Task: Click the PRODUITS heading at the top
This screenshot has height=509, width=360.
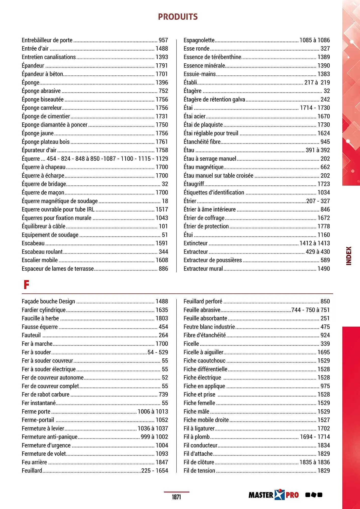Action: pyautogui.click(x=178, y=17)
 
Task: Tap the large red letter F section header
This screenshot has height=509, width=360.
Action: pyautogui.click(x=26, y=285)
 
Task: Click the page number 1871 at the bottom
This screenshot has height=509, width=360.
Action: pyautogui.click(x=176, y=497)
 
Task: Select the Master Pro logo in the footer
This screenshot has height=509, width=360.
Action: pyautogui.click(x=274, y=495)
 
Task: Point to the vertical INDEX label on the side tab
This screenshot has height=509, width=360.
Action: pyautogui.click(x=349, y=256)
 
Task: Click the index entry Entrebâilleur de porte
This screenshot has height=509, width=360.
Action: pyautogui.click(x=47, y=40)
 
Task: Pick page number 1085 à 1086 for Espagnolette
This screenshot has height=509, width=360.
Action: pyautogui.click(x=314, y=40)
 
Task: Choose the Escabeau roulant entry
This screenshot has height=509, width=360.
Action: pyautogui.click(x=42, y=252)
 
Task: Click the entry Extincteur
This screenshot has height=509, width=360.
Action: pyautogui.click(x=196, y=243)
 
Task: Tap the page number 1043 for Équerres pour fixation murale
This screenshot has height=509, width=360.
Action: pyautogui.click(x=162, y=218)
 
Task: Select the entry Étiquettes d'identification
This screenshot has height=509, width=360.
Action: pyautogui.click(x=214, y=193)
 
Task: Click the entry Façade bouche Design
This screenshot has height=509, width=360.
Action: pyautogui.click(x=48, y=302)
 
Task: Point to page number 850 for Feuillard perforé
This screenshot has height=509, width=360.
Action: pyautogui.click(x=325, y=302)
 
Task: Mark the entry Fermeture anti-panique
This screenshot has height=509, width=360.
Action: pyautogui.click(x=50, y=437)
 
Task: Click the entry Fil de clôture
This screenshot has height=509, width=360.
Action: pyautogui.click(x=199, y=462)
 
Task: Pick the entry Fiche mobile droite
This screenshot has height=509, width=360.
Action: pyautogui.click(x=206, y=420)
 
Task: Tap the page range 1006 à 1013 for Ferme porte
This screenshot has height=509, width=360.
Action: pyautogui.click(x=153, y=412)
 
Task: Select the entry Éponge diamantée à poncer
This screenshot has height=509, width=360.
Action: pyautogui.click(x=54, y=125)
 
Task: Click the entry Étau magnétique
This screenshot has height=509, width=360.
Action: pyautogui.click(x=203, y=167)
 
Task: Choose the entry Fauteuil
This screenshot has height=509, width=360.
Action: pyautogui.click(x=31, y=335)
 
